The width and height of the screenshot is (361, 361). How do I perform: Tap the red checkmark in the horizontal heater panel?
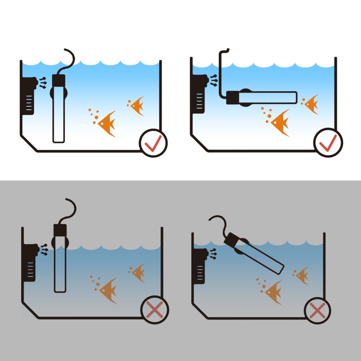pos(328,143)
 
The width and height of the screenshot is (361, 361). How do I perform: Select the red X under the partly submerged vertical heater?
pos(155,310)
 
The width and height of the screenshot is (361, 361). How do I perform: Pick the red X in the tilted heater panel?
pos(318,310)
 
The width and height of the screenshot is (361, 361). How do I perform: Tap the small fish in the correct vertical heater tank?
pos(137,106)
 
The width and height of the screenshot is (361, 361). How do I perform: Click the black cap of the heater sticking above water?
pos(60,230)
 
